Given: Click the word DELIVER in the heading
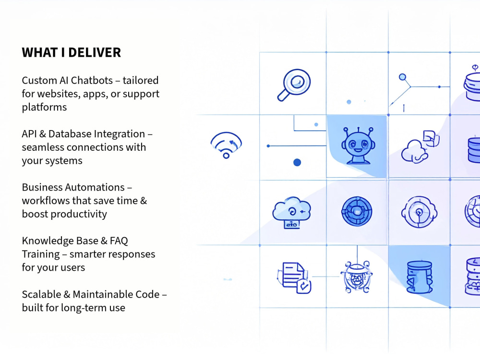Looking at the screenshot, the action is [x=95, y=53].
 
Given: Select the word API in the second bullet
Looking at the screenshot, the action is [x=29, y=134].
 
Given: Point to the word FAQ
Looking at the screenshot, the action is [x=119, y=240].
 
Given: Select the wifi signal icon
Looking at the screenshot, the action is [x=226, y=145].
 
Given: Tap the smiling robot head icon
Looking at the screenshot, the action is [x=358, y=146].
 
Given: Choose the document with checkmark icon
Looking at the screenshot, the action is [x=294, y=277].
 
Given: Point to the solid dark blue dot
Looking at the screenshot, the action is [x=297, y=162].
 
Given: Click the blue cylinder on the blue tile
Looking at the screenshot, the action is [x=420, y=277].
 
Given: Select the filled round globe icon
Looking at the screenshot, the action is [x=357, y=211].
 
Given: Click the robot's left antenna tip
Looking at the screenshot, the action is [x=346, y=130].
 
